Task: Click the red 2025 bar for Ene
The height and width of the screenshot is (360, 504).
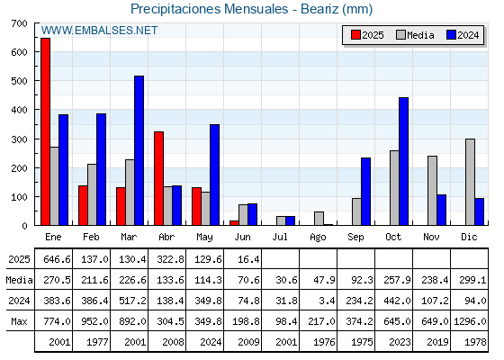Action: click(46, 131)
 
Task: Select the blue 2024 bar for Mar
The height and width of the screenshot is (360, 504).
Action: click(139, 150)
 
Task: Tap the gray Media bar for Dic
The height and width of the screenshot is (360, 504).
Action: click(470, 182)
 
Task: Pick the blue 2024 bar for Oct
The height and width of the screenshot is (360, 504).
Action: click(403, 161)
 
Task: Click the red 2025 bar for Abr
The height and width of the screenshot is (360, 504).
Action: click(158, 178)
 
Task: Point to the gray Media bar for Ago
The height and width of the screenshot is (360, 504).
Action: click(319, 218)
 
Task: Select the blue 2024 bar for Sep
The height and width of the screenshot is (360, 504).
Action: click(365, 191)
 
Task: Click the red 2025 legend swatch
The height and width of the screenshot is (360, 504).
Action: click(355, 35)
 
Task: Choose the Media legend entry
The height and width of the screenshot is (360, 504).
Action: click(415, 35)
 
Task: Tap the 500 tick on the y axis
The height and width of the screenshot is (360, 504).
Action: click(19, 81)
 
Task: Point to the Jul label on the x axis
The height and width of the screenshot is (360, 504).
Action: click(280, 237)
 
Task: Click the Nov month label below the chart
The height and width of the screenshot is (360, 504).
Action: click(431, 237)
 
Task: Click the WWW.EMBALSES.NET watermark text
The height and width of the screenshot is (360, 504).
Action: click(99, 31)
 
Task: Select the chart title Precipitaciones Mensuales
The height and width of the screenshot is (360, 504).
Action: click(209, 9)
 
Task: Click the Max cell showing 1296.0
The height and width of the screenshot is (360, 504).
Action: click(470, 321)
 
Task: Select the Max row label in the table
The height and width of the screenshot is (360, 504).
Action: click(19, 321)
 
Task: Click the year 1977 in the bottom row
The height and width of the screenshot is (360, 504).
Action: click(97, 342)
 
